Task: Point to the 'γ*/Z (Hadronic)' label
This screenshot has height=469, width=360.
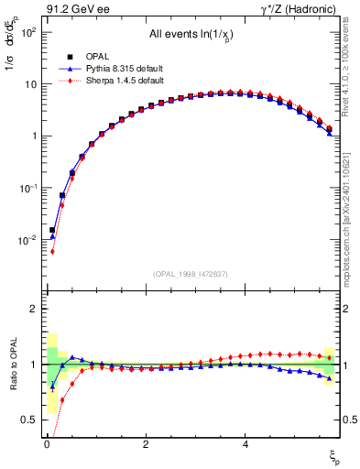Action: [x=308, y=9]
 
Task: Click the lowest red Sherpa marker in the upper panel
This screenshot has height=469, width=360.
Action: [x=52, y=251]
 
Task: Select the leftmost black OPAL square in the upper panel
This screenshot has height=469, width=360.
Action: [x=52, y=230]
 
